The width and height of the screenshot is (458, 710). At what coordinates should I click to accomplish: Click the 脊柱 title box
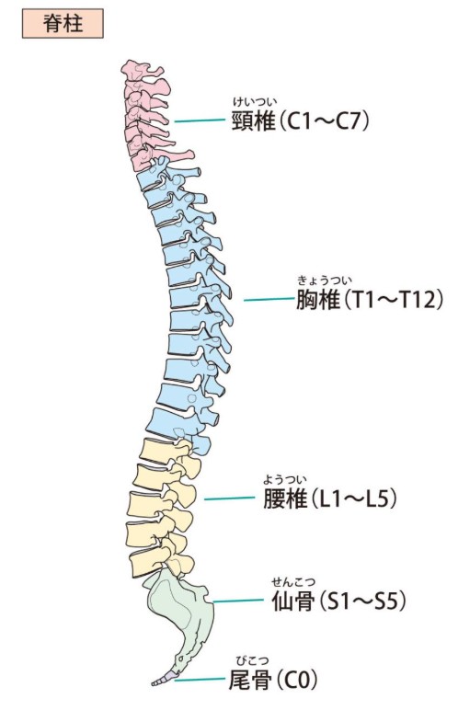tap(63, 24)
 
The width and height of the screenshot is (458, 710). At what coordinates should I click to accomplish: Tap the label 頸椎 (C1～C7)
tap(301, 120)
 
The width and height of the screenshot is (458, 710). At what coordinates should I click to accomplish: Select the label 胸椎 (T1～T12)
tap(370, 300)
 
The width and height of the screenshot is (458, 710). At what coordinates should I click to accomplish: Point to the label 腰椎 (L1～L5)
tap(330, 498)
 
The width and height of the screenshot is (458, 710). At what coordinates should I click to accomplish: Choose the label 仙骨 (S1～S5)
tap(338, 601)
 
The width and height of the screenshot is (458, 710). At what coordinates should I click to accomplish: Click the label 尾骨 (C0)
tap(273, 680)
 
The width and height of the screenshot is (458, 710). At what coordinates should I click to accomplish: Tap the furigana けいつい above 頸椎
tap(255, 101)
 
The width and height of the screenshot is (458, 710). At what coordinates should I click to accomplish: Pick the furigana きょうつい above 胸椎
tap(325, 281)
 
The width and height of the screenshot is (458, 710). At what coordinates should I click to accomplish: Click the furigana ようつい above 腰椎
tap(285, 479)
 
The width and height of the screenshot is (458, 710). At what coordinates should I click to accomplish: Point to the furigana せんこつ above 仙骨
tap(293, 582)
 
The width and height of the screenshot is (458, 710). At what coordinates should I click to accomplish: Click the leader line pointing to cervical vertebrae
tap(200, 120)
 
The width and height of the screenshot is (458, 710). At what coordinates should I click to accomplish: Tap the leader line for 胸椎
tap(269, 299)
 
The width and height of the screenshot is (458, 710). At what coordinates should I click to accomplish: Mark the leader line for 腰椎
tap(229, 498)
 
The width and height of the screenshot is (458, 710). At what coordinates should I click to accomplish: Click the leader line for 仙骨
tap(238, 601)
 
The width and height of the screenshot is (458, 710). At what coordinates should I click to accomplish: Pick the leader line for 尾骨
tap(200, 680)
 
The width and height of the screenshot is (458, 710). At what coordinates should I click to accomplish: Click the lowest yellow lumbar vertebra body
tap(146, 562)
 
